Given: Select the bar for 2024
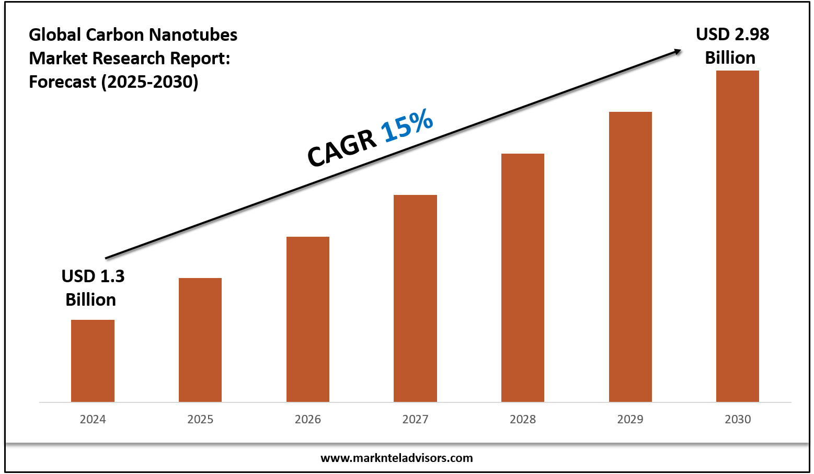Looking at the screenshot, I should pos(93,361).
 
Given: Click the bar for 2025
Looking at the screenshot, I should pos(200,340).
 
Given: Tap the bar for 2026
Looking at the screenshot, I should pos(308,319).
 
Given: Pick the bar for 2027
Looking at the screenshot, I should pos(415,298).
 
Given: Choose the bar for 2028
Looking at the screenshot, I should pos(523,277).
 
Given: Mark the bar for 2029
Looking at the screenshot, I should pos(630,256).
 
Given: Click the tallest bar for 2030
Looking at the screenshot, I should pos(738,235).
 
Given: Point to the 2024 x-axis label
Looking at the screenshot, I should pos(93,419).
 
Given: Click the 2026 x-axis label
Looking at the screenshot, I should pos(308,419).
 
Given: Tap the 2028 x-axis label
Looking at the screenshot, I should pos(523,419).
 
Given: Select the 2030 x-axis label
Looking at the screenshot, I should pos(738,419).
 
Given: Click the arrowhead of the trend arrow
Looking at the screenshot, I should pos(678,51).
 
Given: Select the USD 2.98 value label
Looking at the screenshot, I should pos(732,46).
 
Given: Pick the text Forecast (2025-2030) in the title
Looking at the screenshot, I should pos(113,82).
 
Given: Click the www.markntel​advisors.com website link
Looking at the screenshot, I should pos(396,458).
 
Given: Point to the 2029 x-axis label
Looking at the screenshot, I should pos(630,419).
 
